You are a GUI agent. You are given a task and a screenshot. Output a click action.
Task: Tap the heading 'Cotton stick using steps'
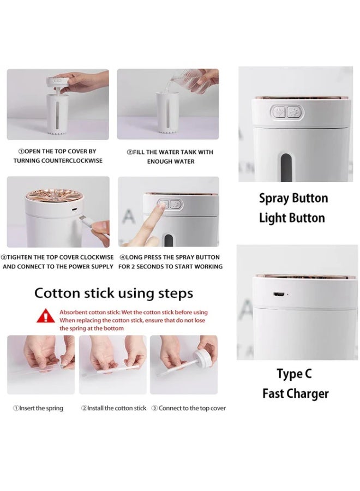[x=113, y=293]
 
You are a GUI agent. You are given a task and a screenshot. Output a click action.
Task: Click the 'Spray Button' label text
[x=293, y=198]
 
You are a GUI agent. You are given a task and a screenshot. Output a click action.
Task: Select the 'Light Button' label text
[x=292, y=218]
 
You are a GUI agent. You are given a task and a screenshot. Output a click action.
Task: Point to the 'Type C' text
[x=294, y=374]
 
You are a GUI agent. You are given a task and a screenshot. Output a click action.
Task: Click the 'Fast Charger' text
[x=295, y=393]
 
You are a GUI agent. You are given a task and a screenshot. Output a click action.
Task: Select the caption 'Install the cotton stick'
[x=114, y=408]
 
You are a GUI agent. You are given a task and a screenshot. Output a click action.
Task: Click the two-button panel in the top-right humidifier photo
[x=287, y=113]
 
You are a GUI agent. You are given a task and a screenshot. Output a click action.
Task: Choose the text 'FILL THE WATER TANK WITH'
[x=170, y=152]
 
